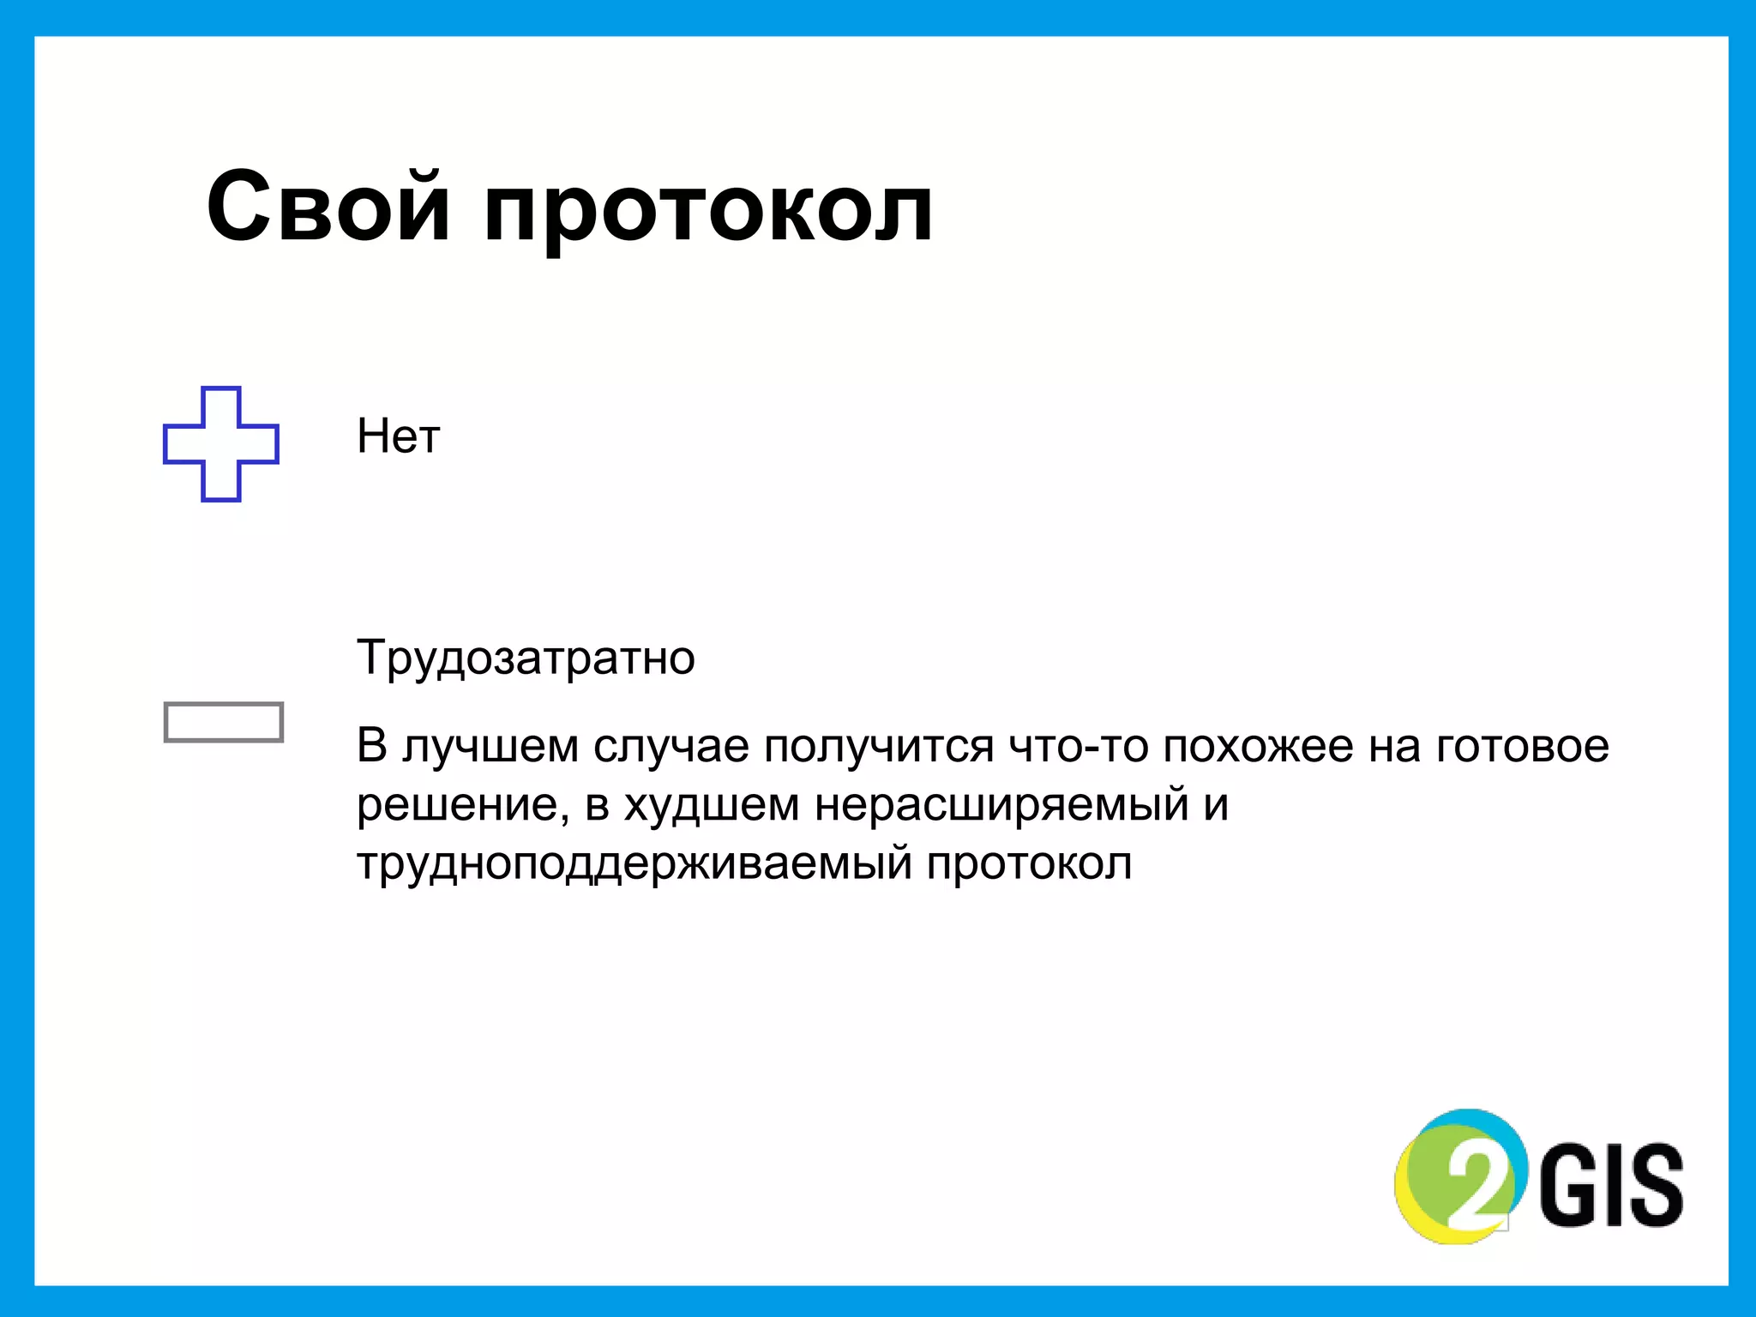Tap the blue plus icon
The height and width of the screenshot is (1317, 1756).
(x=221, y=444)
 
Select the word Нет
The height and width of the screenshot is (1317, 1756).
(x=398, y=436)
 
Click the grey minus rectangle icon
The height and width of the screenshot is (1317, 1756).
(x=223, y=722)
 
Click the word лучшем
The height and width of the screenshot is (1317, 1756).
(x=490, y=747)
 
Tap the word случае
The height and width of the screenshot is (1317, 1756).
(x=671, y=747)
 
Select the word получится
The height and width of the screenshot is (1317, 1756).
(x=878, y=747)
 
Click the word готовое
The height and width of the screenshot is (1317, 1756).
(x=1522, y=747)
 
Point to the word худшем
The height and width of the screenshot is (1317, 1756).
(x=712, y=805)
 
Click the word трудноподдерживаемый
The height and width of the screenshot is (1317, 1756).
(x=634, y=864)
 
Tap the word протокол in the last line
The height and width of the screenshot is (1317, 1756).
(x=1029, y=864)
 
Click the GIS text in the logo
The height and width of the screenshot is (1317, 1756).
(x=1612, y=1186)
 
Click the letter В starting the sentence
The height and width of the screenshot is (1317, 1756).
(x=372, y=745)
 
